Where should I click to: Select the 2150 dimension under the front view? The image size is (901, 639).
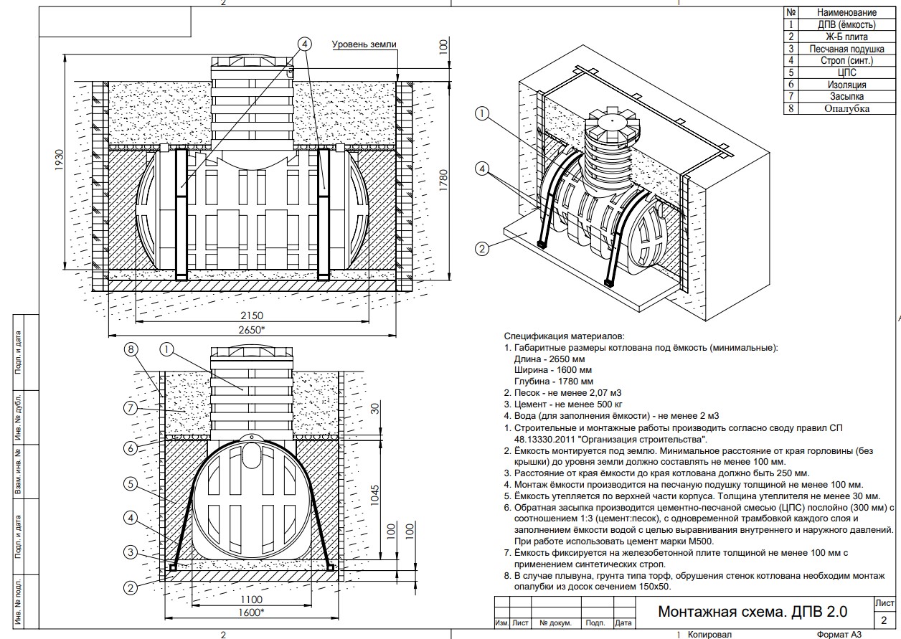coord(252,316)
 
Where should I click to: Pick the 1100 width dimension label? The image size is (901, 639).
coord(250,600)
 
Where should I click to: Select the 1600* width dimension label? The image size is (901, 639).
coord(250,612)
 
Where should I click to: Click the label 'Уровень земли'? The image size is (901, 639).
coord(364,44)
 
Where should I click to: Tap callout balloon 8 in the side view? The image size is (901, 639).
coord(131,350)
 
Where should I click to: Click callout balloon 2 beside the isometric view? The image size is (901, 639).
coord(482,249)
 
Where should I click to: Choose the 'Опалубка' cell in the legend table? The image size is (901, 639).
coord(846,109)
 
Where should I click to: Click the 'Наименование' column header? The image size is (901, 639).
coord(846,13)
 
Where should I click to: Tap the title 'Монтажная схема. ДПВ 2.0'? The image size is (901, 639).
coord(753,612)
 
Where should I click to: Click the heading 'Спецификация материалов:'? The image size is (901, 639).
coord(564,336)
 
